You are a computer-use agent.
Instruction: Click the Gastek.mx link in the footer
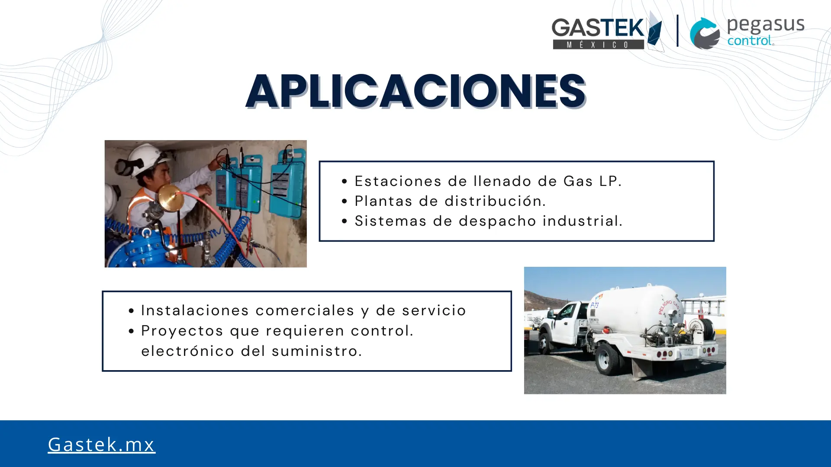tap(101, 445)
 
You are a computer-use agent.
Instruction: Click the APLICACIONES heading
tap(415, 91)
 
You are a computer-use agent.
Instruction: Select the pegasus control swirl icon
tap(705, 33)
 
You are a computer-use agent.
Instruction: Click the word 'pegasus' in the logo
tap(766, 26)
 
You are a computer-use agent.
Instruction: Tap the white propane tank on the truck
tap(636, 309)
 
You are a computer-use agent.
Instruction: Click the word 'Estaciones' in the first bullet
tap(398, 181)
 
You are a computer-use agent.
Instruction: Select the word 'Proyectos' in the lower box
tap(182, 331)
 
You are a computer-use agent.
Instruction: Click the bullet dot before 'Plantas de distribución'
tap(345, 202)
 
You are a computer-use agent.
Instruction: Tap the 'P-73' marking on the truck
tap(594, 305)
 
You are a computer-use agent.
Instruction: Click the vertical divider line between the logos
tap(677, 31)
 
